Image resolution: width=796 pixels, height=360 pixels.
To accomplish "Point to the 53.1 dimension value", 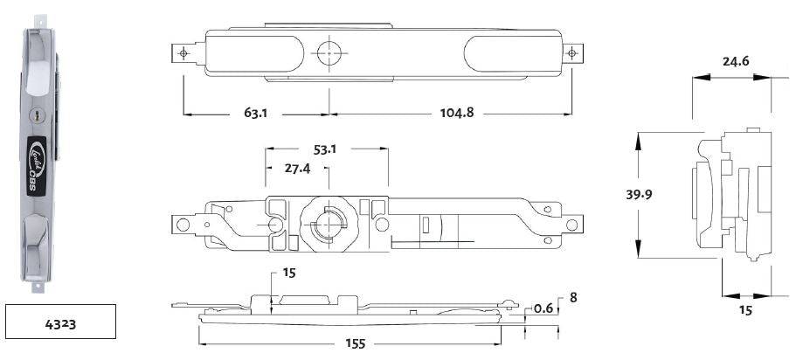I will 324,149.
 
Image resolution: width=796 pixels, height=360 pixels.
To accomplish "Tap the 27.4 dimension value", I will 297,168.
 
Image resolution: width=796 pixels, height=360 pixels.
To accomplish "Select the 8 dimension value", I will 572,297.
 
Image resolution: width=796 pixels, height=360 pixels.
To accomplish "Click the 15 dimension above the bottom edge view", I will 288,273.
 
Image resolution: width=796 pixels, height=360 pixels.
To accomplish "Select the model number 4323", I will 59,323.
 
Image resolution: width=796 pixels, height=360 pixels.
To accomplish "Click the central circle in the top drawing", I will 329,52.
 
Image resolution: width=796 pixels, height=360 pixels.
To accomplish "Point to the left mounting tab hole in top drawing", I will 183,53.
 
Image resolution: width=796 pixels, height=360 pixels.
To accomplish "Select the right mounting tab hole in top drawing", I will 572,53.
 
